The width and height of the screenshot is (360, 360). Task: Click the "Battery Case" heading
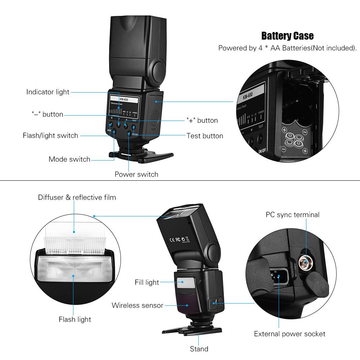pos(287,36)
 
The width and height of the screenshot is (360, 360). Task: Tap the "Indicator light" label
pos(48,92)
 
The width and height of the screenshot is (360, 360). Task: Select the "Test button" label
pos(204,136)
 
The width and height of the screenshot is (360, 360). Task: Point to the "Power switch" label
pos(136,174)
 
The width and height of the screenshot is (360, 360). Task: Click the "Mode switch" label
pos(69,159)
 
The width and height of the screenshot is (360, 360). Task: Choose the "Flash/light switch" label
pos(50,136)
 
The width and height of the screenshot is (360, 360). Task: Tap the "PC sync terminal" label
pos(292,215)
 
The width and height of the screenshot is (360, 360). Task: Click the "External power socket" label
pos(289,334)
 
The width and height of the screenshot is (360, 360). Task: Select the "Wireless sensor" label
pos(137,306)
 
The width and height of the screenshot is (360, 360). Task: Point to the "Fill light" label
pos(147,283)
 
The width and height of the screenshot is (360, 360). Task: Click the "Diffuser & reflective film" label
pos(77,197)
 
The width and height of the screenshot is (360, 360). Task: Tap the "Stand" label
pos(199,349)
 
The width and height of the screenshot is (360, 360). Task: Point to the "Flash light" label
pos(75,319)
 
